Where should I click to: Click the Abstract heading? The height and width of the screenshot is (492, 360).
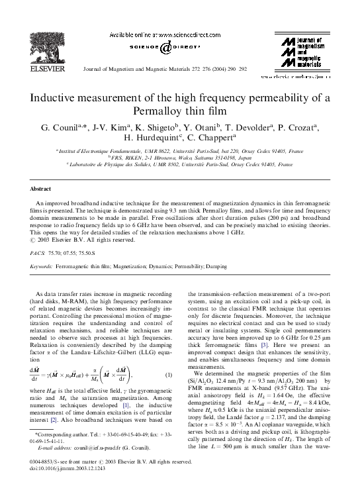41,189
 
